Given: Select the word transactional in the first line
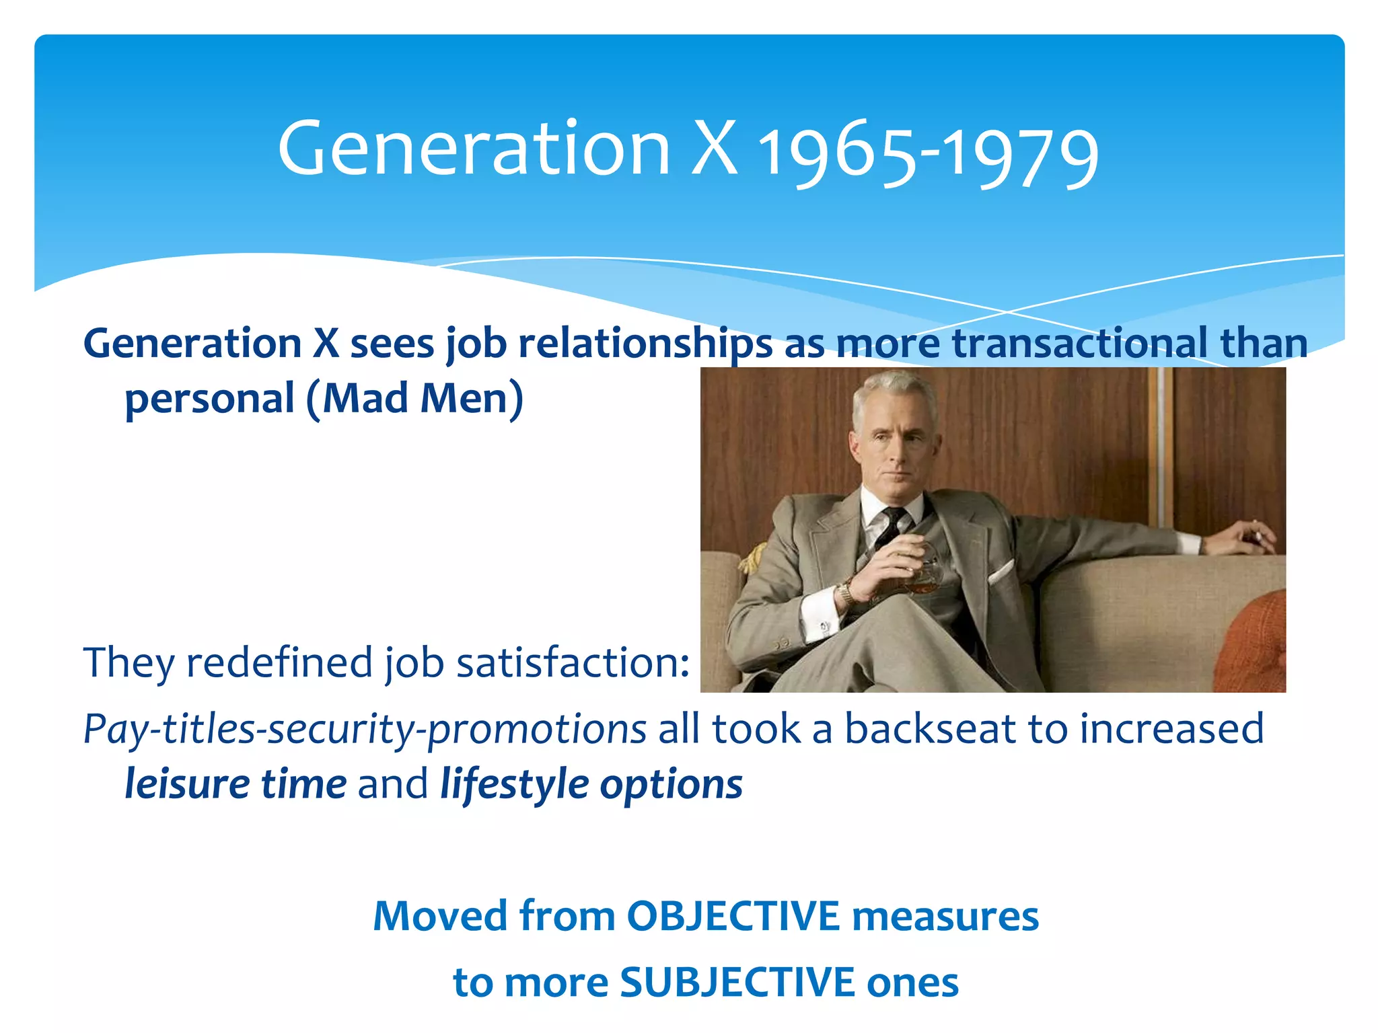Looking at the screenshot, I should (x=1079, y=343).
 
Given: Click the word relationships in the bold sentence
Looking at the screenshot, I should (x=645, y=344).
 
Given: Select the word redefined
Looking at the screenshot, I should (x=279, y=662).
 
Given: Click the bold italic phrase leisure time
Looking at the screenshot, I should (x=235, y=784).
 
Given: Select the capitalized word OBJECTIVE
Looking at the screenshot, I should (x=733, y=916).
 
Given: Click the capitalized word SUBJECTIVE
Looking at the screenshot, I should (x=737, y=983).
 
